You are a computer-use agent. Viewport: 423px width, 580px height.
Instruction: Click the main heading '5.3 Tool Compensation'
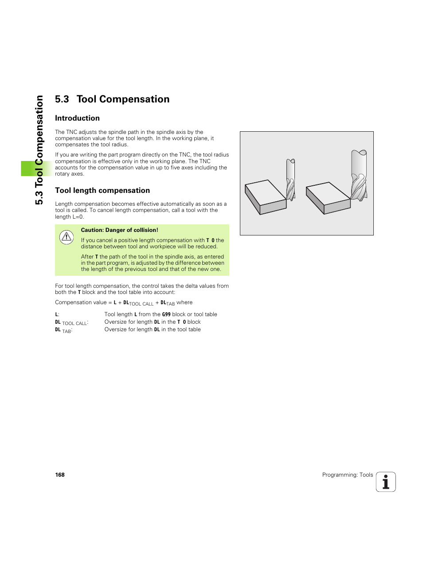point(112,99)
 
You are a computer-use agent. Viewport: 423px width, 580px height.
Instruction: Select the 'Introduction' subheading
point(77,118)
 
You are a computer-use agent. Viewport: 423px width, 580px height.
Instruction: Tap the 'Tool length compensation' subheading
point(102,191)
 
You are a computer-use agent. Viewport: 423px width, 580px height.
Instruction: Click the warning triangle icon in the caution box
point(67,237)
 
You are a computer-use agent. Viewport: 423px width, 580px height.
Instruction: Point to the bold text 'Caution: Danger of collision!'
point(119,230)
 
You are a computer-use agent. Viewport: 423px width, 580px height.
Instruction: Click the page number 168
point(60,475)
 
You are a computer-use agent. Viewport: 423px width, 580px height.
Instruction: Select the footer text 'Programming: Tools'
point(347,475)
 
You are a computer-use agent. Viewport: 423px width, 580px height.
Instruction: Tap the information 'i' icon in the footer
point(386,482)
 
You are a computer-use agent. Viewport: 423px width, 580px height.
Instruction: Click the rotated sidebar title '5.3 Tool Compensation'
point(39,150)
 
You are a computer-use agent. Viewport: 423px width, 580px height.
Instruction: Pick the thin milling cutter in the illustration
point(290,180)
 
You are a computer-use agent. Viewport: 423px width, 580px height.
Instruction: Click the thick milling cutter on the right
point(359,175)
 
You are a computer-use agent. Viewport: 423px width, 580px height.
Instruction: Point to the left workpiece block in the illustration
point(266,197)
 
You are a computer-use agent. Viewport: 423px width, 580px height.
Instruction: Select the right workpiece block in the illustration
point(328,198)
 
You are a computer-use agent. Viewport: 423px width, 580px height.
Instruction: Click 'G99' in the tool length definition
point(166,314)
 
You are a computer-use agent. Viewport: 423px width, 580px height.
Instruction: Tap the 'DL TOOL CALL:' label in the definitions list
point(71,322)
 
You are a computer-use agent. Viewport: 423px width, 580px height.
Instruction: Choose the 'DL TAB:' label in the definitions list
point(63,330)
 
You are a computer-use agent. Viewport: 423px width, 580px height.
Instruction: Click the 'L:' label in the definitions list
point(57,314)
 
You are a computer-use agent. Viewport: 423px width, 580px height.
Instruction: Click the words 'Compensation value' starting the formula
point(81,302)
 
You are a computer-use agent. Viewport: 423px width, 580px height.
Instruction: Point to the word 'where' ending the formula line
point(184,302)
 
